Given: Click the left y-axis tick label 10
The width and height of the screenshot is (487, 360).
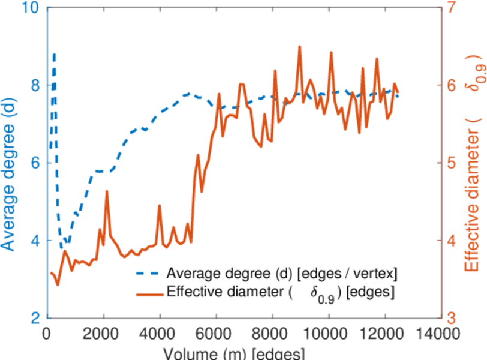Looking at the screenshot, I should click(30, 9).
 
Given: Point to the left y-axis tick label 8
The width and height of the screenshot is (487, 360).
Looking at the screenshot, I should click(35, 86).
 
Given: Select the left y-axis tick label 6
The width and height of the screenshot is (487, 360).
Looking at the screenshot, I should click(35, 163).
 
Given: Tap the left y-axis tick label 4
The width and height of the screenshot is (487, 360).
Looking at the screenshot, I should click(35, 241).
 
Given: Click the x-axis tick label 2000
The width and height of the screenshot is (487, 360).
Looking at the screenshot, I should click(103, 334).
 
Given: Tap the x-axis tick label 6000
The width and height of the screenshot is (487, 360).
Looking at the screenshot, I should click(216, 334).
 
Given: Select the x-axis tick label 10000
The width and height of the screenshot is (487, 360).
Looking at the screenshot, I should click(329, 334).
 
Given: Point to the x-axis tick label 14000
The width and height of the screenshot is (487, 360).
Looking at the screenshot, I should click(441, 334).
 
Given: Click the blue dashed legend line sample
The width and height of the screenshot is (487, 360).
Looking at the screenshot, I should click(147, 274).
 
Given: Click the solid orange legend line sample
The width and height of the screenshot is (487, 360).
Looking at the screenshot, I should click(147, 295).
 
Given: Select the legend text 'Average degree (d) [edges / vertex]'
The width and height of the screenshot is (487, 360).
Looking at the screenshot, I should click(282, 274).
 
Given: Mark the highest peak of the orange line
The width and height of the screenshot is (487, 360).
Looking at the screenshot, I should click(299, 46).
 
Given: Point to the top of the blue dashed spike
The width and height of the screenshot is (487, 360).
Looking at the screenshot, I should click(55, 54).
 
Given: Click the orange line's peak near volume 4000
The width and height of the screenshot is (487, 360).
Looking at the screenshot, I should click(160, 205).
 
